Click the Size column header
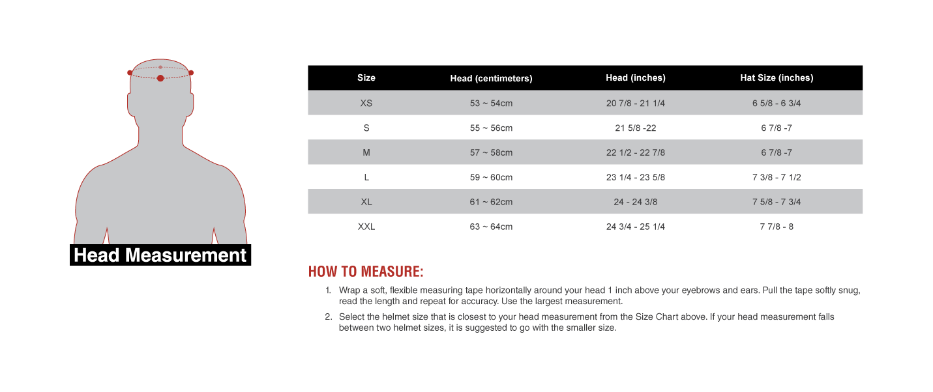click(366, 77)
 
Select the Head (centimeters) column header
click(491, 78)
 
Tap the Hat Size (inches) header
click(777, 77)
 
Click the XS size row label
click(366, 103)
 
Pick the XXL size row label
click(366, 227)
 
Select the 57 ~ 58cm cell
click(491, 152)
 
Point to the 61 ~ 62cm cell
click(491, 202)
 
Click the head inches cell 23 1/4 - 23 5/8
click(635, 177)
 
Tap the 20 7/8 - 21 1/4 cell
click(635, 103)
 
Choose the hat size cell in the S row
click(777, 128)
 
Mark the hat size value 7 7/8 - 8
click(777, 227)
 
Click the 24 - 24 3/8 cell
click(635, 202)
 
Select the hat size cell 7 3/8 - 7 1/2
click(777, 177)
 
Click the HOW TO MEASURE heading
click(366, 272)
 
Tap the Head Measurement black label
click(160, 255)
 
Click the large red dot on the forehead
click(160, 78)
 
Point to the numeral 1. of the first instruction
click(328, 290)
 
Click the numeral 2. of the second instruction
click(328, 317)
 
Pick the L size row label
click(366, 177)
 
